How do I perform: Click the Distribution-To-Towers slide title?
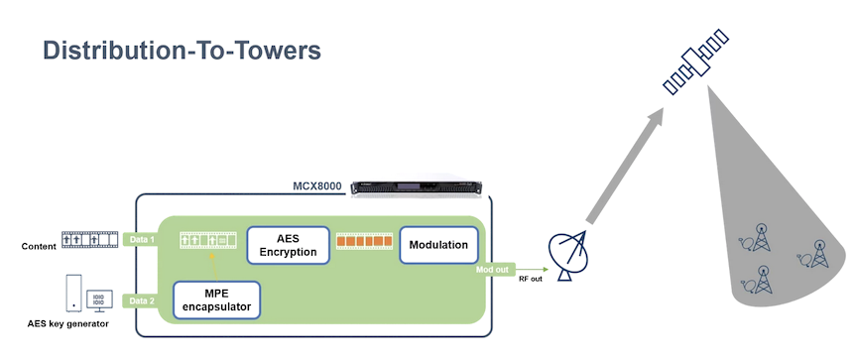[182, 51]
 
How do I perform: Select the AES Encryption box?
[288, 246]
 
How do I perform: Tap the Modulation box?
[438, 245]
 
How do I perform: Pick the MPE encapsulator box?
[216, 300]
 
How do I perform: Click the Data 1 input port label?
[141, 239]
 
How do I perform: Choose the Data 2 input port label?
[141, 300]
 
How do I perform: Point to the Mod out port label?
[494, 270]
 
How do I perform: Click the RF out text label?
[530, 280]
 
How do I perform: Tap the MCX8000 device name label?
[317, 186]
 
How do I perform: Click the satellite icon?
[695, 61]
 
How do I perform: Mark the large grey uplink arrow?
[626, 165]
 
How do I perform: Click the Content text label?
[39, 246]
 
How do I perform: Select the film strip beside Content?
[89, 239]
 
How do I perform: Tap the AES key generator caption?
[68, 323]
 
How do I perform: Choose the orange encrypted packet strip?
[365, 241]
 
